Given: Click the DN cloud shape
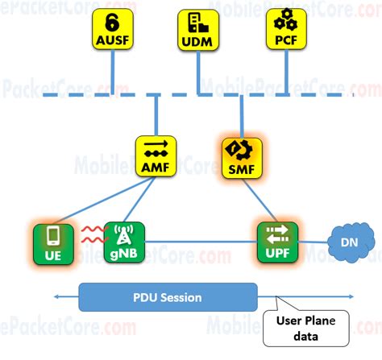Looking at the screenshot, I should [x=347, y=241].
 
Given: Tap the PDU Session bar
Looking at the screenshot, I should [x=168, y=297].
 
